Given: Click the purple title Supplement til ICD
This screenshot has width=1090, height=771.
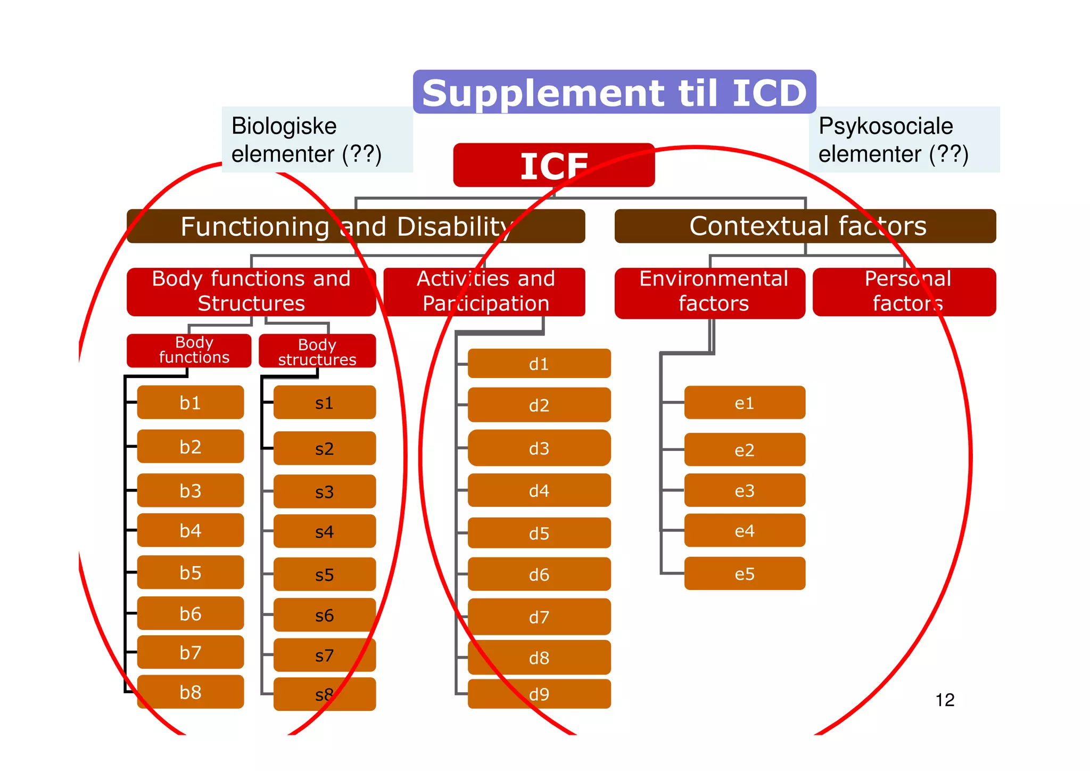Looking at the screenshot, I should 614,92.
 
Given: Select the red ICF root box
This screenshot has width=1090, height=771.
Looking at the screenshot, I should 554,165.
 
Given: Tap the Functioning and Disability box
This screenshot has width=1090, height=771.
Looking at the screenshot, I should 356,226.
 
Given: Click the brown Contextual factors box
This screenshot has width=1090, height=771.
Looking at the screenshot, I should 805,226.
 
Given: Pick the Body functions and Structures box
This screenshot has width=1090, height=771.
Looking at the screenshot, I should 251,291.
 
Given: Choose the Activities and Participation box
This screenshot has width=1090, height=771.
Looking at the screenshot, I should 484,291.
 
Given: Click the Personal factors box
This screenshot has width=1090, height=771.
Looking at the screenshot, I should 904,291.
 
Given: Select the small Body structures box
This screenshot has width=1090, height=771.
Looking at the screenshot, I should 317,351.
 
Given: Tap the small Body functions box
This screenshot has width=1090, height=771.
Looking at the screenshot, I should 189,350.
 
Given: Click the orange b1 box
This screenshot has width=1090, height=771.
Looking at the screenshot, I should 191,403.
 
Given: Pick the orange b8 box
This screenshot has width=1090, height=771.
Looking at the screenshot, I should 191,692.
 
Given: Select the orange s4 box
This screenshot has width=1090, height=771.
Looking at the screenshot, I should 325,531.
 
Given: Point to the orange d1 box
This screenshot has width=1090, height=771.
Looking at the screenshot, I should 539,364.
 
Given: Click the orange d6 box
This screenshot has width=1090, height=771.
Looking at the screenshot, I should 539,574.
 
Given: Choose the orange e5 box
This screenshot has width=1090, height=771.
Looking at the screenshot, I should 745,573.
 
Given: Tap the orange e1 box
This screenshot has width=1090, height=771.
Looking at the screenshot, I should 745,403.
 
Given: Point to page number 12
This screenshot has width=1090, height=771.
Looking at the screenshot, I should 945,700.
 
